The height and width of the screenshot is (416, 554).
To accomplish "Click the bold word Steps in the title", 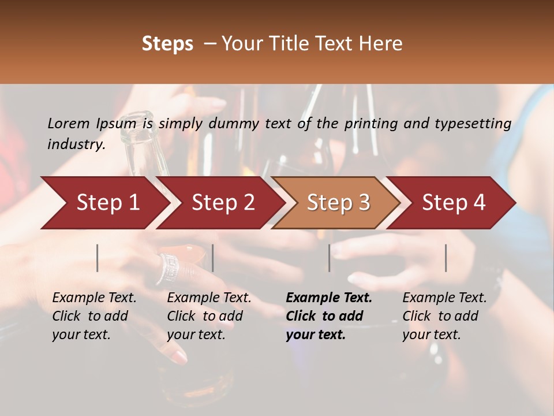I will [167, 44].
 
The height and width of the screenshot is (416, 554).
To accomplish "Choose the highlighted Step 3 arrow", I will [338, 203].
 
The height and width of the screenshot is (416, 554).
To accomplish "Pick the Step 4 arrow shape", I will [454, 203].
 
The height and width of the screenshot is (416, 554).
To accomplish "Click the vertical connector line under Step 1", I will [98, 258].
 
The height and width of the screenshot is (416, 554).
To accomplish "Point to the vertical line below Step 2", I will [213, 258].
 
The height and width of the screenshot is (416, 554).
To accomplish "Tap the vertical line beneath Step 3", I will [329, 258].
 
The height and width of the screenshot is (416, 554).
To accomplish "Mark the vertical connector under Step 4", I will [446, 258].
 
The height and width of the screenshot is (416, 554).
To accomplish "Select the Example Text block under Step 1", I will [94, 316].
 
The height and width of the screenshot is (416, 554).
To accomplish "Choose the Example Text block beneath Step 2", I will [209, 316].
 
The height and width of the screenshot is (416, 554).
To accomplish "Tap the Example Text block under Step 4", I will [444, 316].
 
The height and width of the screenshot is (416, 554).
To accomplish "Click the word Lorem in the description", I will [69, 124].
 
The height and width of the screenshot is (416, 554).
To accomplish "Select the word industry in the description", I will [76, 144].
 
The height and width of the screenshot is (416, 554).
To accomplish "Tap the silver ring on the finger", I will [169, 267].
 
